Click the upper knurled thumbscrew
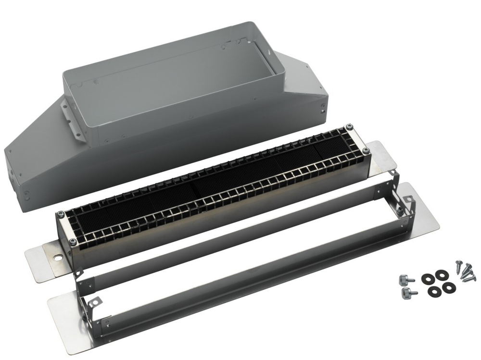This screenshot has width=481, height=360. [404, 278]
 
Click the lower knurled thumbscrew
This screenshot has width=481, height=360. [406, 292]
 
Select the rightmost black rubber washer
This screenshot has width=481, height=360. [448, 287]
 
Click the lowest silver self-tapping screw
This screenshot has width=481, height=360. [467, 277]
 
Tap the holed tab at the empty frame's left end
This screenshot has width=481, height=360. [95, 301]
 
